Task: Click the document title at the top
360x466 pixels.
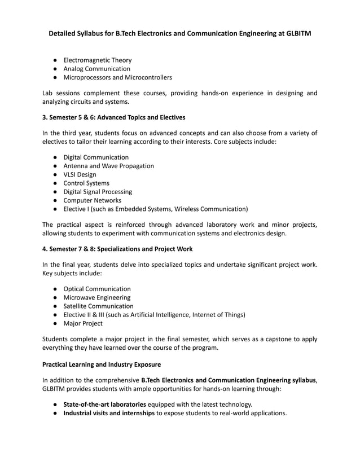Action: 179,34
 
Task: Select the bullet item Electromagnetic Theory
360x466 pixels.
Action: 97,60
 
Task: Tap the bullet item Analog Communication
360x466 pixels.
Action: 96,69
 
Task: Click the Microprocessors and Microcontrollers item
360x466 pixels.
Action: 117,77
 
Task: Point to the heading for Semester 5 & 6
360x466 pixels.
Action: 113,117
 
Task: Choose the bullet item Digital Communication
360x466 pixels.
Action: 96,157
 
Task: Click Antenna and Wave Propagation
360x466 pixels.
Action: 108,166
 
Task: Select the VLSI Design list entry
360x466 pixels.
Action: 80,175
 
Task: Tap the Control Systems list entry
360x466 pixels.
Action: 86,183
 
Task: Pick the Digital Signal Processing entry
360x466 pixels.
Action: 98,192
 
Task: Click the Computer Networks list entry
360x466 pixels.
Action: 92,200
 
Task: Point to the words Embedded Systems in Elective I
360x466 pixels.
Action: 146,209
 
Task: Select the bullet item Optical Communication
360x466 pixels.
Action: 96,289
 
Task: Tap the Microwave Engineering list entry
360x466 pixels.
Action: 96,297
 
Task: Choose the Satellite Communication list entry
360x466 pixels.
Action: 98,306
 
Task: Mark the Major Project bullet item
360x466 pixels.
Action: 83,323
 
